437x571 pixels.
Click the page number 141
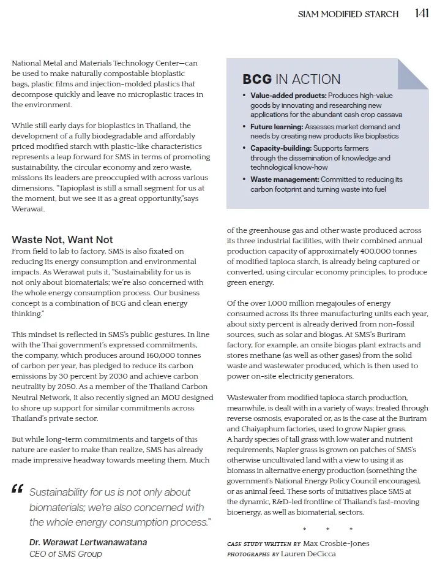point(421,13)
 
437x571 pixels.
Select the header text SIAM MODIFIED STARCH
point(348,14)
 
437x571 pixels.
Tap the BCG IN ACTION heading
point(291,79)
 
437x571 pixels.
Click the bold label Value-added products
point(288,96)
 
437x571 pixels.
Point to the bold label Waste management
point(285,180)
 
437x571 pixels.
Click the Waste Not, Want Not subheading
point(62,240)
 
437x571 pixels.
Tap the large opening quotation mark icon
point(17,489)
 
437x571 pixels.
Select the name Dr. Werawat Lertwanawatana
point(88,542)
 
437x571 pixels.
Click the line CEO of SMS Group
point(65,553)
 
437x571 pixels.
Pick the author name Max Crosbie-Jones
point(336,543)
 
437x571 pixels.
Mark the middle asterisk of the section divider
point(327,529)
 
